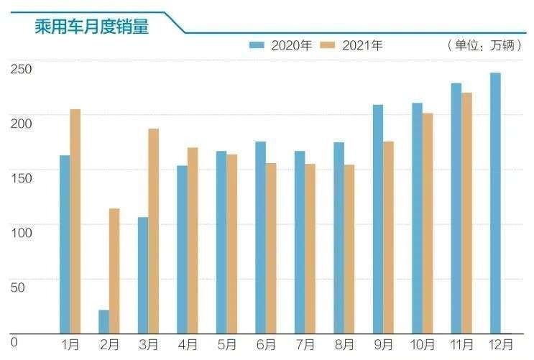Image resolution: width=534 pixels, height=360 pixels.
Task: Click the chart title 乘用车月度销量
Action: [x=92, y=26]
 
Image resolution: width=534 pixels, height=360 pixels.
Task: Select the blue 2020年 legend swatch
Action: [x=257, y=45]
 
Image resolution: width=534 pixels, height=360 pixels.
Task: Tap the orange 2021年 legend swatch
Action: [x=328, y=45]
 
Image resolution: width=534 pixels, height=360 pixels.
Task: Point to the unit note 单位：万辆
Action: [x=484, y=45]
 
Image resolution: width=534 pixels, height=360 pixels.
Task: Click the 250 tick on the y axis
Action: [x=21, y=69]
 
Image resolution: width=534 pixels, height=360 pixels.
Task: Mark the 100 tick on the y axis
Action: [x=22, y=233]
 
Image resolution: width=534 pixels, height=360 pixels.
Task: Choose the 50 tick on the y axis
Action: [x=18, y=287]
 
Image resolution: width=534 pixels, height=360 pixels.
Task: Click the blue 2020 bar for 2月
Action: [x=104, y=321]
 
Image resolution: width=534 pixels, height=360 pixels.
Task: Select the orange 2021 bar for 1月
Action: [x=75, y=221]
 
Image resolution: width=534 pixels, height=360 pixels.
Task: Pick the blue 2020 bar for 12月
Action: [x=495, y=203]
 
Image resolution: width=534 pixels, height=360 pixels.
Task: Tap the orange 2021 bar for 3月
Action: [x=154, y=231]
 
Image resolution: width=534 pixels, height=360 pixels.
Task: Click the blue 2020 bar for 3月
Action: [x=143, y=275]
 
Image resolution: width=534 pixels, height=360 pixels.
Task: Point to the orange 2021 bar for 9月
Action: [x=388, y=237]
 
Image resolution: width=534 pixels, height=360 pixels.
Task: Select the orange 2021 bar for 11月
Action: [x=466, y=213]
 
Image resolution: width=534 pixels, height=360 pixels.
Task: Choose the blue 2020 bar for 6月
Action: [x=260, y=237]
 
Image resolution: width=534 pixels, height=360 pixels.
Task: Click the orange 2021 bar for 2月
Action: [x=114, y=271]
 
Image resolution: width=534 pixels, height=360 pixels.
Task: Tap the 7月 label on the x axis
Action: [x=305, y=345]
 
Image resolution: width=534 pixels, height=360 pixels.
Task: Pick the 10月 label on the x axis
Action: [x=423, y=345]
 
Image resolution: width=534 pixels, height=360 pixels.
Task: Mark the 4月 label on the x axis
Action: [x=188, y=345]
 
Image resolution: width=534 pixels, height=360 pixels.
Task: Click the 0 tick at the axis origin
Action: [x=14, y=342]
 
